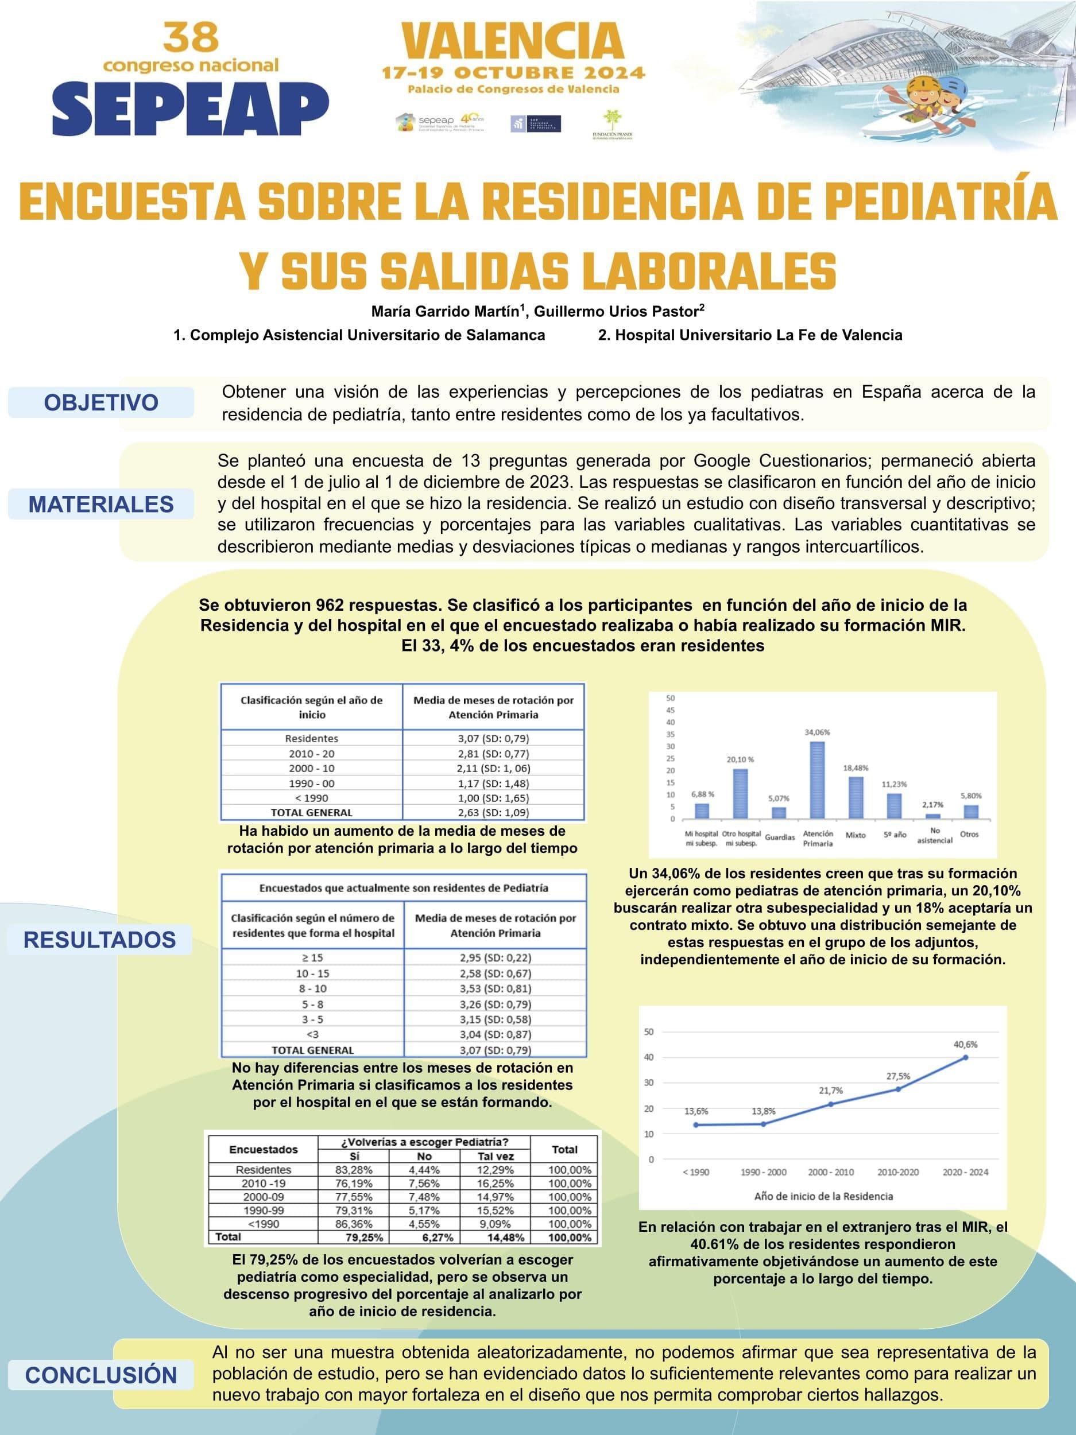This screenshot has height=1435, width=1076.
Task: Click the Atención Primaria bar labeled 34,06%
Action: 817,779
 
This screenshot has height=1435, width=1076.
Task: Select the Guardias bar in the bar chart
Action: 779,812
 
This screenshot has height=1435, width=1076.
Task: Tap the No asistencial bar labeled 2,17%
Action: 933,816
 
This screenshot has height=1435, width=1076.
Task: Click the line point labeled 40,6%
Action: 966,1057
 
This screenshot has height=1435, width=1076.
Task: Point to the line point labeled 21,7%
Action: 831,1104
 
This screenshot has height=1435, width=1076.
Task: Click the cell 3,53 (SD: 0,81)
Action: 495,988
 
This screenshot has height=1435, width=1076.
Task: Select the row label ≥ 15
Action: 313,957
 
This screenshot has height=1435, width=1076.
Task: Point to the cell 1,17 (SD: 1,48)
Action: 493,783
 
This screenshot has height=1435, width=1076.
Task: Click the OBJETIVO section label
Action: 101,402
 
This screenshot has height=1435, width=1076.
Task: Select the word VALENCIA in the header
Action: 513,41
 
